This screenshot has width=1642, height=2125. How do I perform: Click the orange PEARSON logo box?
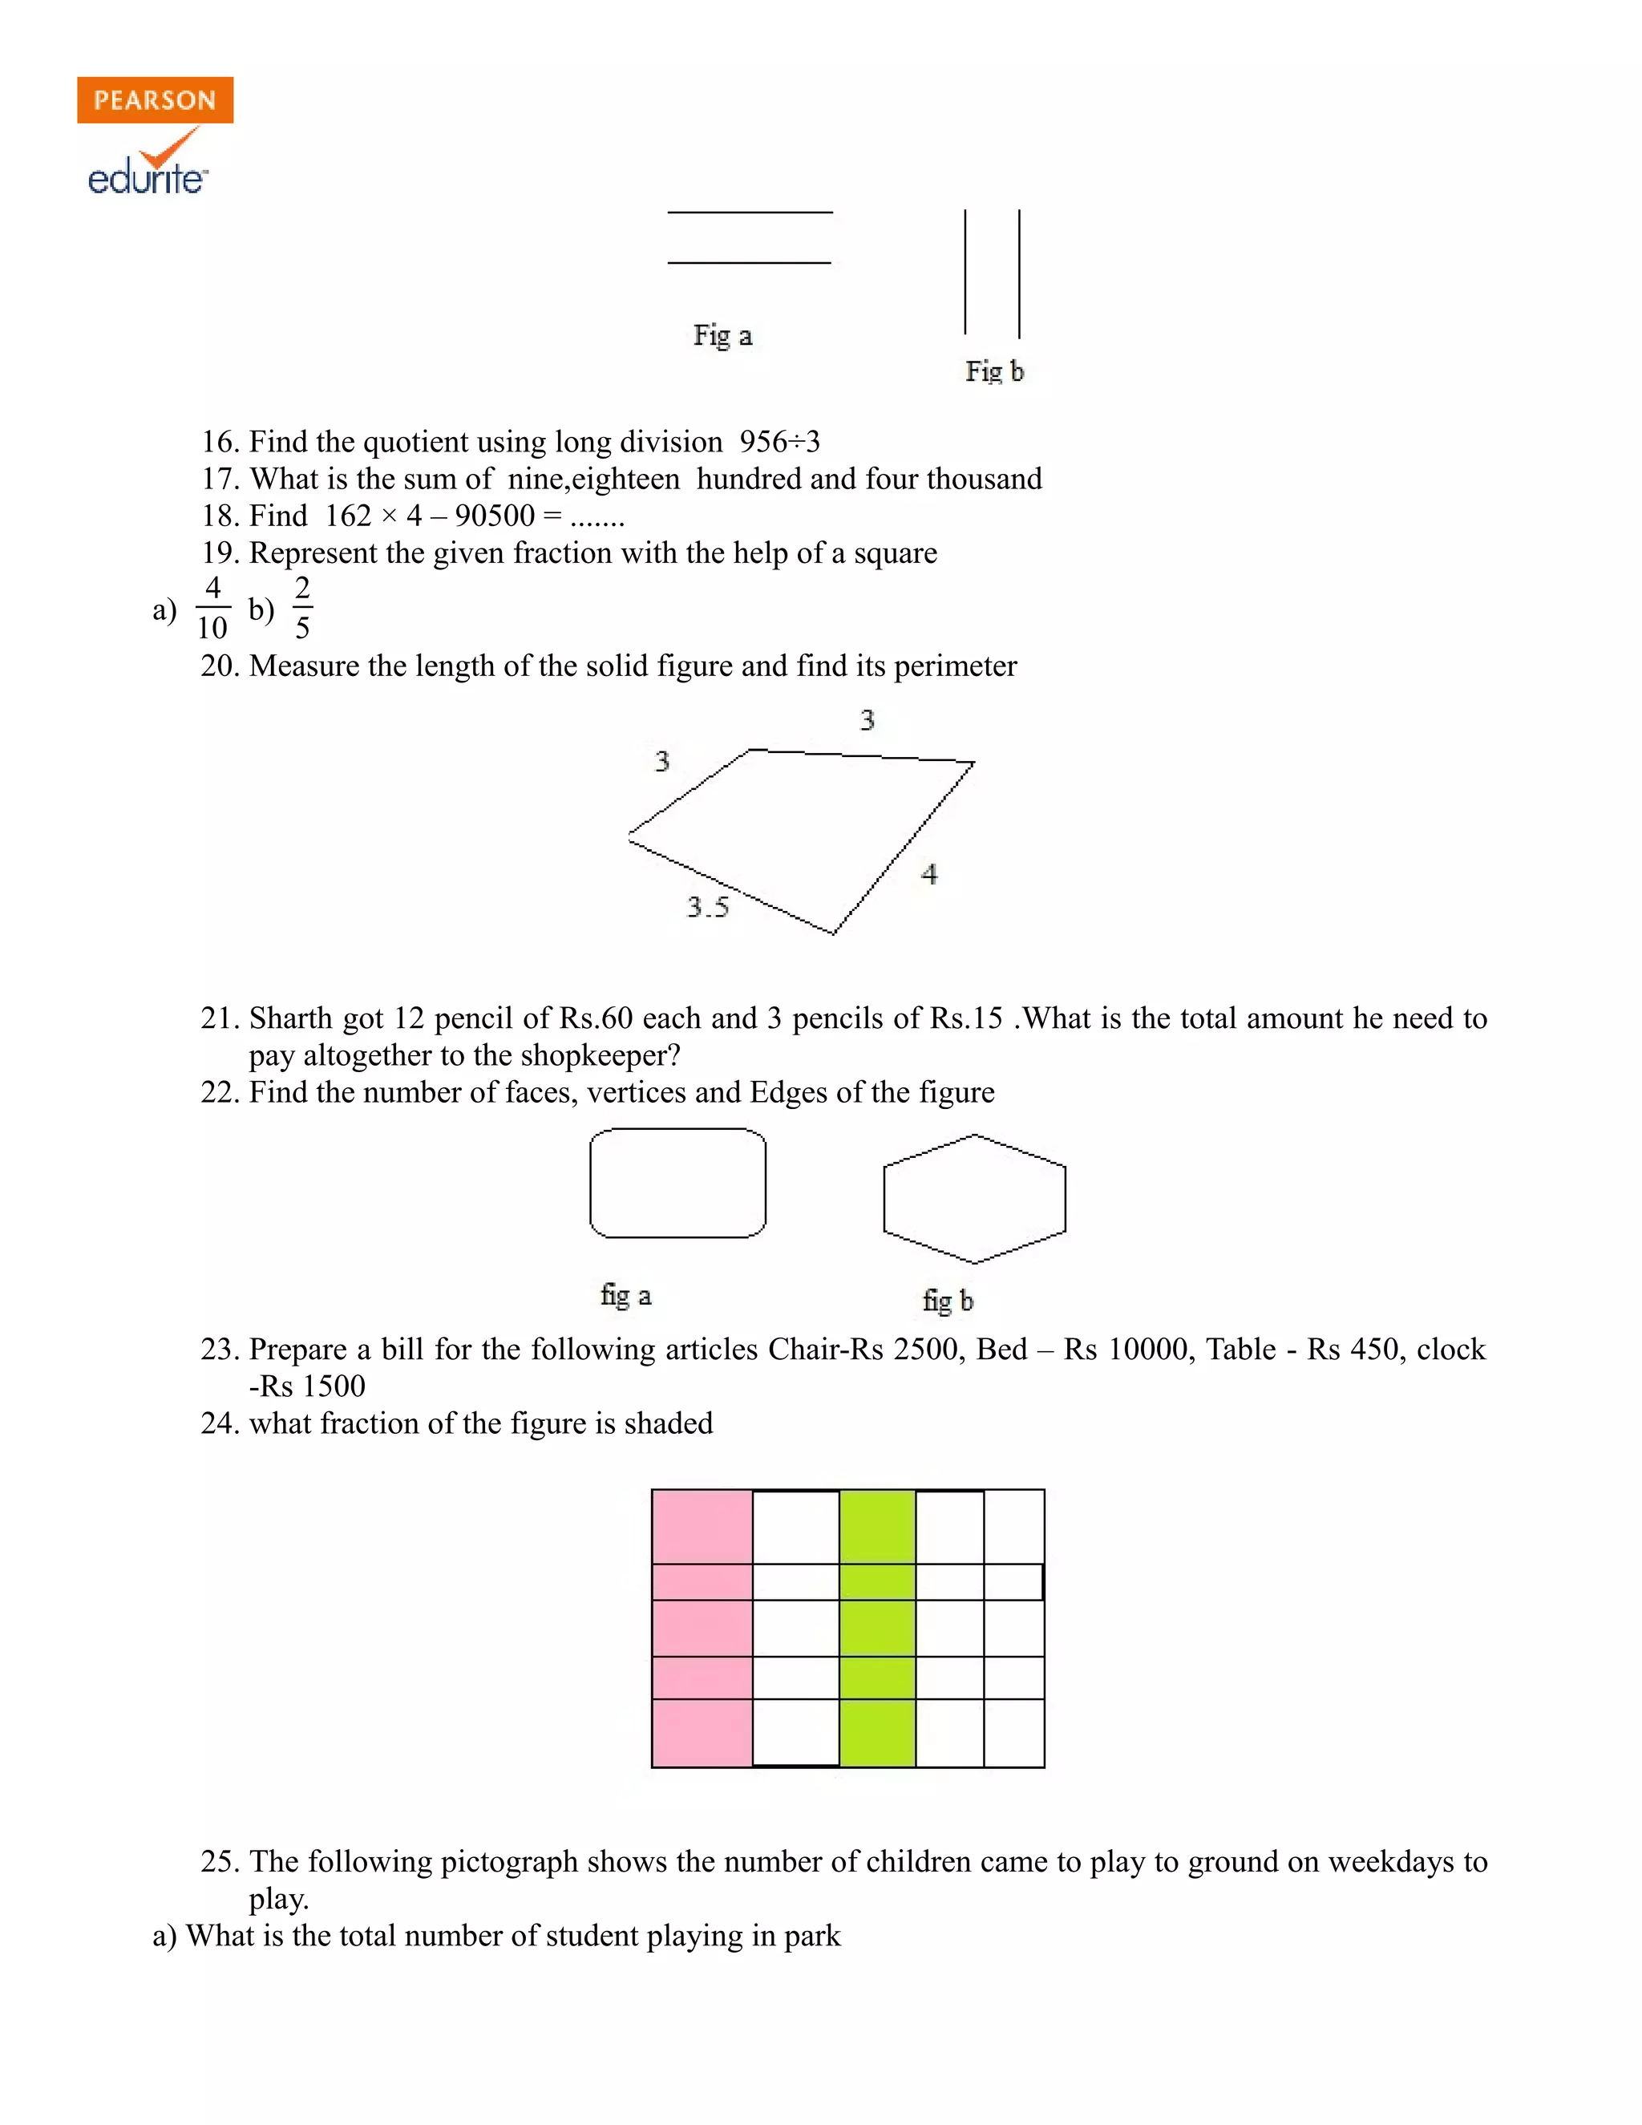point(155,100)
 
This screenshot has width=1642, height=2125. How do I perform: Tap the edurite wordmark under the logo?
point(147,179)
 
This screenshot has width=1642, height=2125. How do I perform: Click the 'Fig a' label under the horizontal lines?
point(722,336)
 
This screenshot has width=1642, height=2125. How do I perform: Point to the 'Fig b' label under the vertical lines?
point(993,372)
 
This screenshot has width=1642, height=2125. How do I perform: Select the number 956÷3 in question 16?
point(779,442)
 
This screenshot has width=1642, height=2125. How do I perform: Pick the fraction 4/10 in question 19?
point(212,608)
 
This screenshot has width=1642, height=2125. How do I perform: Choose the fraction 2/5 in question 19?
point(301,608)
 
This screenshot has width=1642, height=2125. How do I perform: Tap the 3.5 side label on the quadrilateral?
point(707,907)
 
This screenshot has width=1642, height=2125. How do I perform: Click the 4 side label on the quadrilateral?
point(929,874)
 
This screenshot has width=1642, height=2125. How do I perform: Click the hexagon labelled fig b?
point(973,1199)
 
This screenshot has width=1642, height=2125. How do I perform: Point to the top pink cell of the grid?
point(702,1526)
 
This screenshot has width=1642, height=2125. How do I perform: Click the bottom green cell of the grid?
point(876,1733)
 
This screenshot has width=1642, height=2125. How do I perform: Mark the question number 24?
point(220,1423)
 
